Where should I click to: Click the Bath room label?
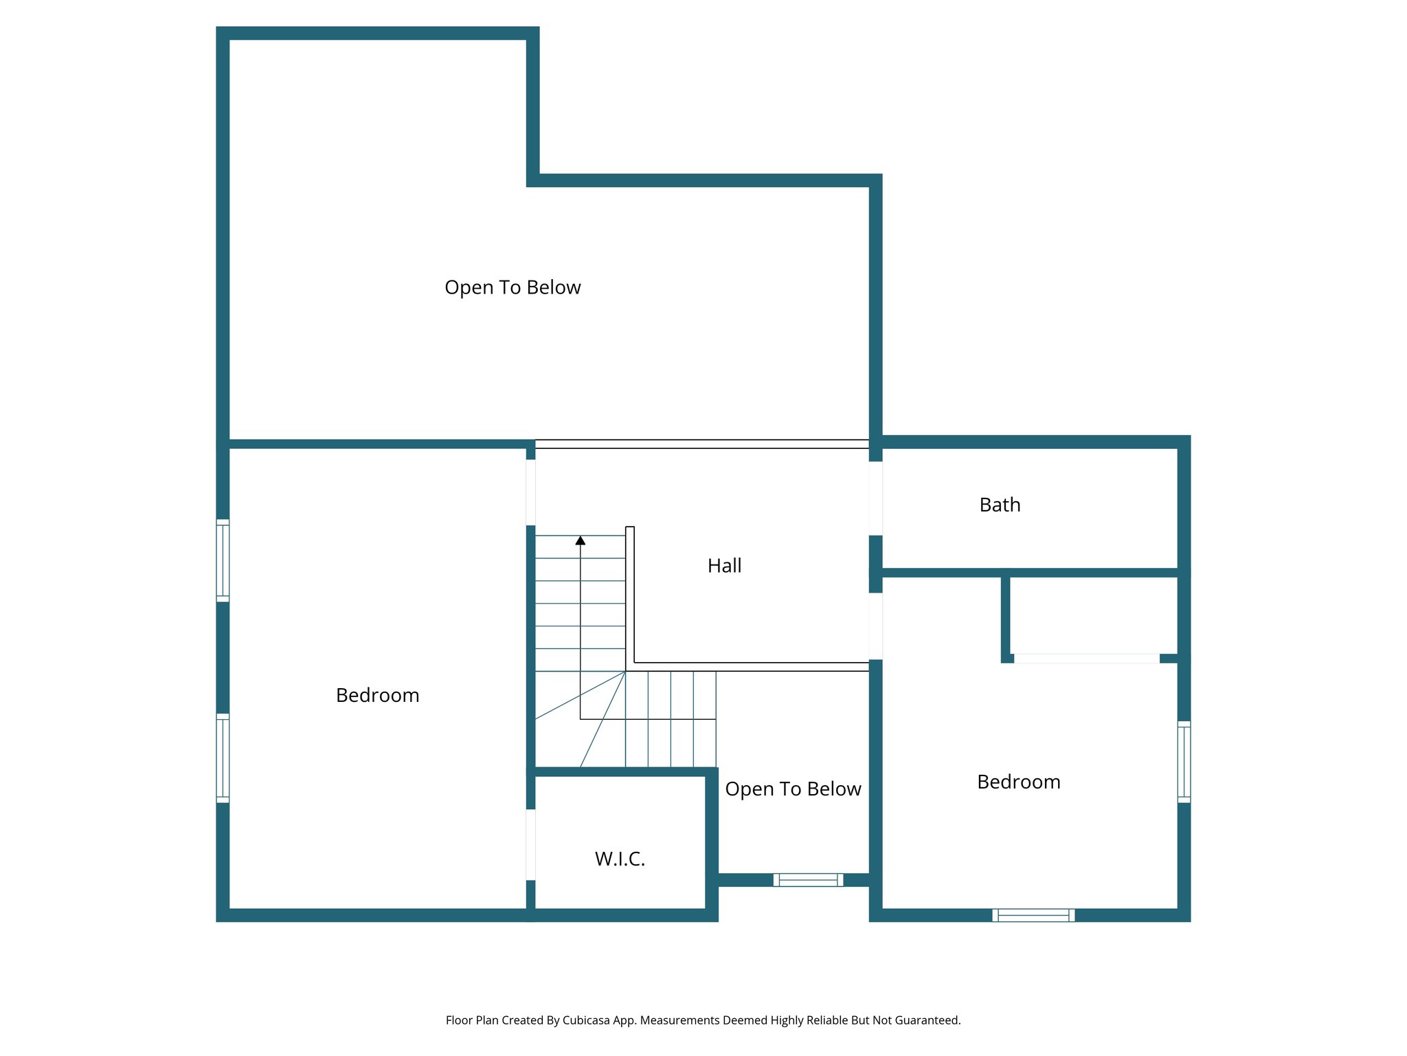[1000, 505]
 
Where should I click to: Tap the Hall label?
[724, 566]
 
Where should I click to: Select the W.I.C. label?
[620, 859]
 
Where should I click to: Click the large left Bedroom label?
[377, 695]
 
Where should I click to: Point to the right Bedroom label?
[1018, 782]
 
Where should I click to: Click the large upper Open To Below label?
[513, 287]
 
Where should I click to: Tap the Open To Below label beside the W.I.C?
[793, 789]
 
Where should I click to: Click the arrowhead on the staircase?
[581, 541]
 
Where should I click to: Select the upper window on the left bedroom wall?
[223, 560]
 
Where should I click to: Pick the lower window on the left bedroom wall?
[223, 758]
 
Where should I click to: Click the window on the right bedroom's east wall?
[1184, 761]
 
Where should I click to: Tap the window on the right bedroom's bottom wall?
[1033, 914]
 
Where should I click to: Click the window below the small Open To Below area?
[808, 879]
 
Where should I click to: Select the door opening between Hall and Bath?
[875, 498]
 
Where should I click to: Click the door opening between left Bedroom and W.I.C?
[530, 844]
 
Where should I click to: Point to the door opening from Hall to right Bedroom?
[875, 626]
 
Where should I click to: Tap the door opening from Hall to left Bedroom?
[530, 492]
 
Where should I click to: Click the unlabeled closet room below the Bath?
[1092, 615]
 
